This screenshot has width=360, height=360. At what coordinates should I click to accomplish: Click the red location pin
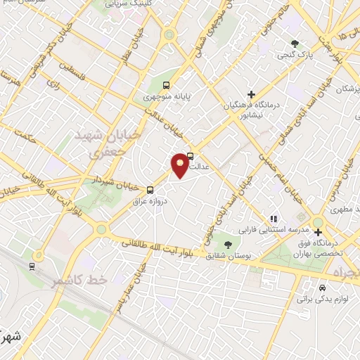pos(181,165)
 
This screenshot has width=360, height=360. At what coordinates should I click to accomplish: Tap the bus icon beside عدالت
pos(191,157)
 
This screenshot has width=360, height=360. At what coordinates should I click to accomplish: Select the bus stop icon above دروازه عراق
pos(150,189)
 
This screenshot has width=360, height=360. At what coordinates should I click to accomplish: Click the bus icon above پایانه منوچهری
pos(166,86)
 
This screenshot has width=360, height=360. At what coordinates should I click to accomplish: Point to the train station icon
pos(32,266)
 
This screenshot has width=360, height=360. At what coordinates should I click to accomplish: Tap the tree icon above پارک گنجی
pos(295,44)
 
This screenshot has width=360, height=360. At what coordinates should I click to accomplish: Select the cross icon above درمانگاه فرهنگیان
pos(251,94)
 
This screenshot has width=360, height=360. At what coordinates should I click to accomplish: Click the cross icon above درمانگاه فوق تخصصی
pos(318,232)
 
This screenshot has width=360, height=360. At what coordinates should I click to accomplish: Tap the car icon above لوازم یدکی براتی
pos(322,288)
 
